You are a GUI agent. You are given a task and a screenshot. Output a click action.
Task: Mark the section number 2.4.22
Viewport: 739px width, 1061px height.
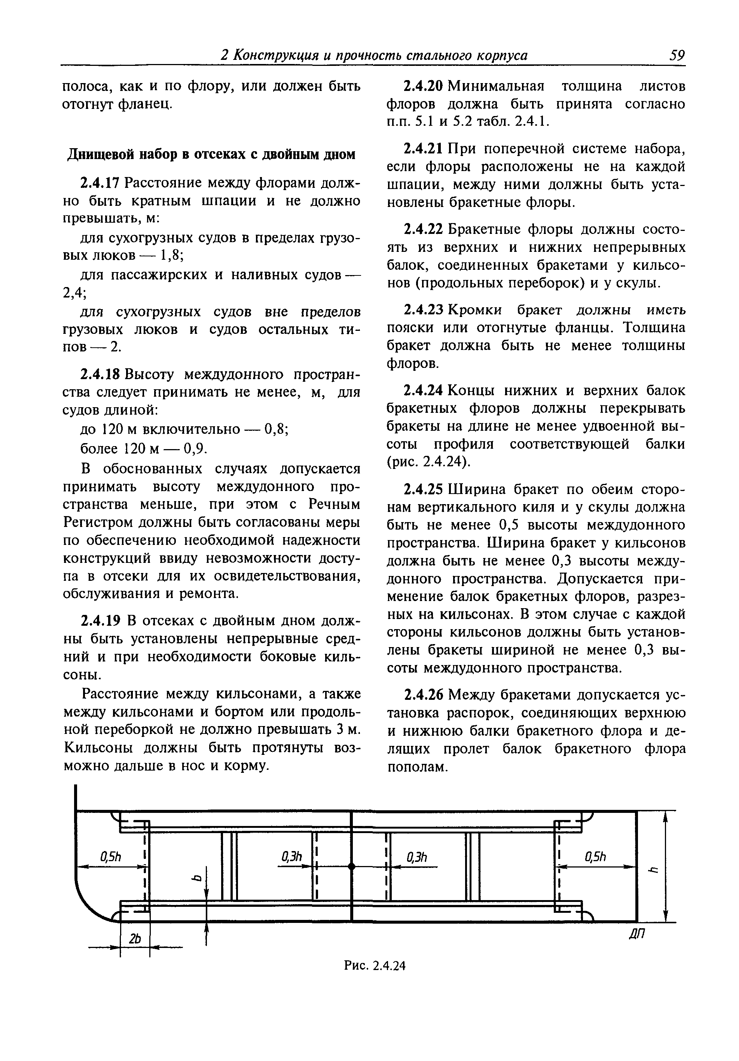coord(423,229)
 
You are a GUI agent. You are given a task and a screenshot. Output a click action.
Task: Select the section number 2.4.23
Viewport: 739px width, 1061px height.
coord(423,310)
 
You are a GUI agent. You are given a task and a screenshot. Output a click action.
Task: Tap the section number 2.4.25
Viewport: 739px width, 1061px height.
coord(423,489)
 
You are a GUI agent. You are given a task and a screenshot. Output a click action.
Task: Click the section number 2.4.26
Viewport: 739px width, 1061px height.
coord(423,695)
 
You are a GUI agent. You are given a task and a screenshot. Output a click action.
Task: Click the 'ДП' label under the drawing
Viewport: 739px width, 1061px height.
coord(637,935)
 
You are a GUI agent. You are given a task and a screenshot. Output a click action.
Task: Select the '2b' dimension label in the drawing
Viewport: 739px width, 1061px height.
coord(135,939)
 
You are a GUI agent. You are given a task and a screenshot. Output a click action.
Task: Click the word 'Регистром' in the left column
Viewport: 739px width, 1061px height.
coord(95,522)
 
